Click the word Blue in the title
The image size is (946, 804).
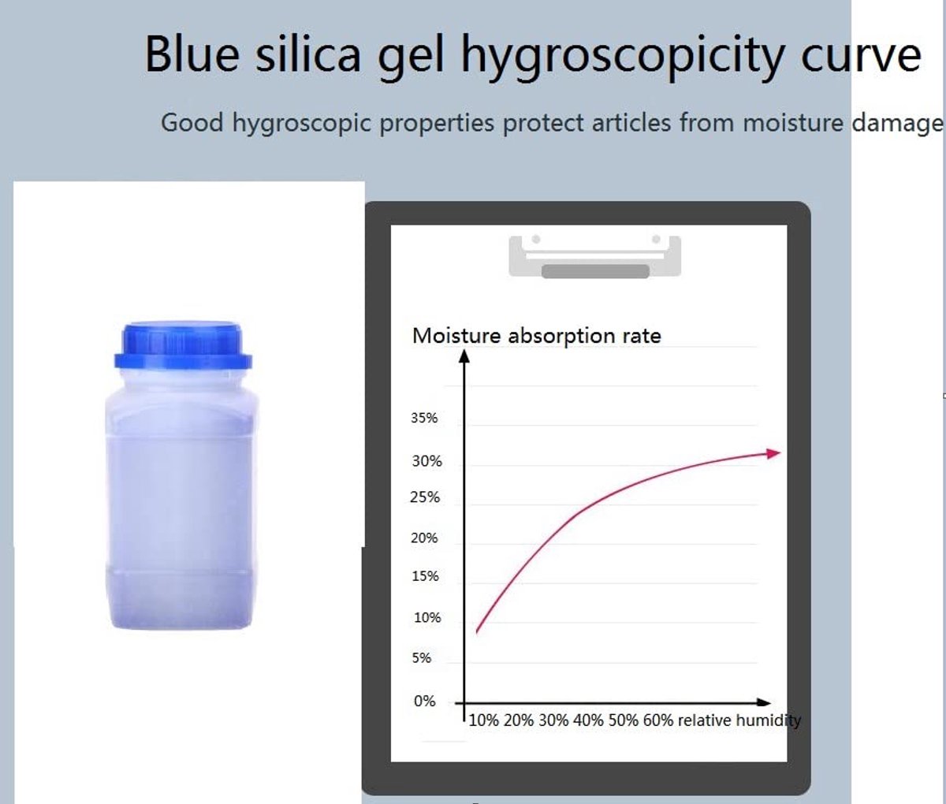[192, 55]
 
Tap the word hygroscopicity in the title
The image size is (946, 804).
[623, 58]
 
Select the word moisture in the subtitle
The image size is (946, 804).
[793, 123]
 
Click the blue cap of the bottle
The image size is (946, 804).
[183, 345]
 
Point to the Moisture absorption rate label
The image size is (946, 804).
[537, 336]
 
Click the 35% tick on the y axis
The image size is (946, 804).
[424, 418]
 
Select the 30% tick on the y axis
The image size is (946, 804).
[426, 461]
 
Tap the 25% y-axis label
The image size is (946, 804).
[425, 497]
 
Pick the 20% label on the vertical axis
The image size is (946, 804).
[424, 538]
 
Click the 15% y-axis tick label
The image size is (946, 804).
[425, 576]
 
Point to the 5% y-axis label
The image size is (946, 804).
[422, 658]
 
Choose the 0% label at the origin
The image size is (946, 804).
[424, 701]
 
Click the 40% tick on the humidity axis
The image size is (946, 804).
[589, 720]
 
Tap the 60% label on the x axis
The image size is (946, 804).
[658, 720]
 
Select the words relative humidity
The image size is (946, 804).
[739, 720]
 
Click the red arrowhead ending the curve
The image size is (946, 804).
[773, 453]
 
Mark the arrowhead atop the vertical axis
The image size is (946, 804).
[464, 356]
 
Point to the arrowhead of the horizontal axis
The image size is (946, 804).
[764, 702]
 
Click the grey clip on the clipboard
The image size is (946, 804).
[595, 257]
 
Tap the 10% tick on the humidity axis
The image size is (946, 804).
[484, 720]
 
